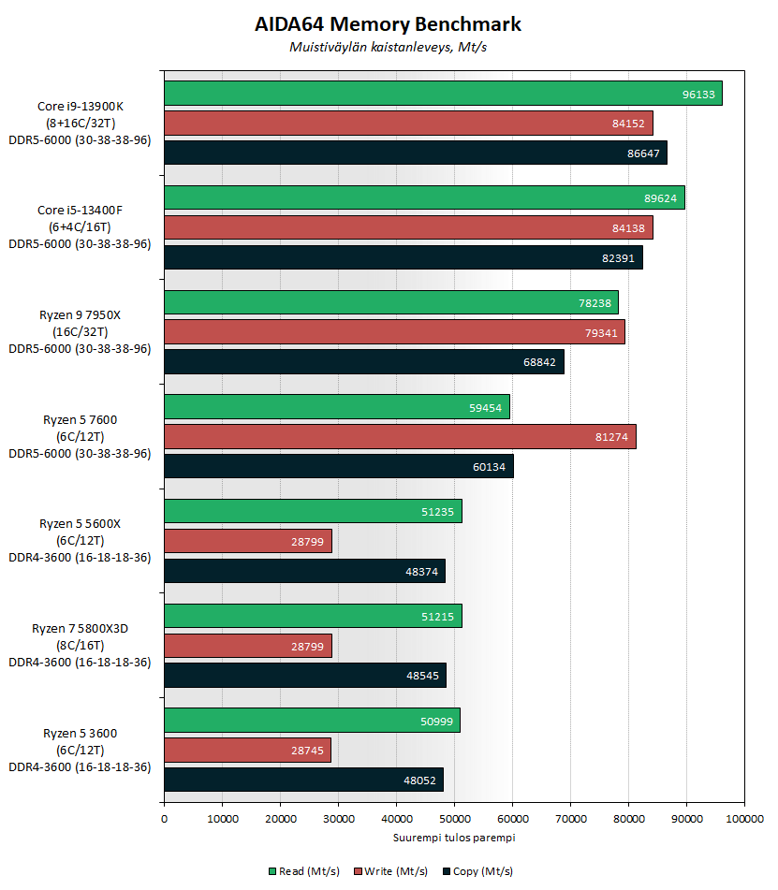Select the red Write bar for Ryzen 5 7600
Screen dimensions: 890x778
[400, 436]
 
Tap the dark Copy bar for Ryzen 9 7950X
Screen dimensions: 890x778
[364, 362]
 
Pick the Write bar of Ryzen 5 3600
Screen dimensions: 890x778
[247, 750]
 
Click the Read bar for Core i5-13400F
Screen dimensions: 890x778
[424, 197]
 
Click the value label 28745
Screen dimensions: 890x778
[308, 750]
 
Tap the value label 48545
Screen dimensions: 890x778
[423, 676]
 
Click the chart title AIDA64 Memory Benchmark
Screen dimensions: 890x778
[388, 24]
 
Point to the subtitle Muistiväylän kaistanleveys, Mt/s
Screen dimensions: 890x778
[388, 48]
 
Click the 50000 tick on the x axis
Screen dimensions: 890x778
[454, 820]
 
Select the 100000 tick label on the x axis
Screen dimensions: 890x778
[743, 820]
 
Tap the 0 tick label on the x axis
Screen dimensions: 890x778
[165, 820]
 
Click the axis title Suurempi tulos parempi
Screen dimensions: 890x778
[454, 838]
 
